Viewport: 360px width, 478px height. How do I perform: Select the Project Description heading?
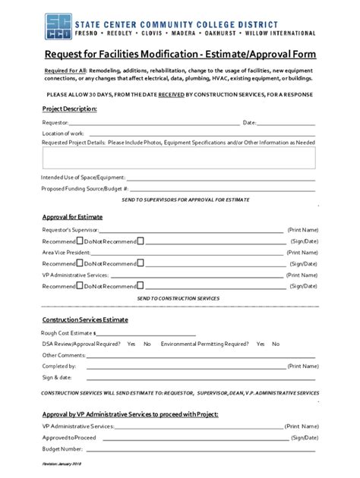68,109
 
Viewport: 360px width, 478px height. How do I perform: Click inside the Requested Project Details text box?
179,158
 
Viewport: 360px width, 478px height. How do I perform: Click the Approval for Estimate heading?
72,217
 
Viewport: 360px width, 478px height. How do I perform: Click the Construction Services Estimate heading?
84,320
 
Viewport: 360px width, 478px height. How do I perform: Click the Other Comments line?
197,354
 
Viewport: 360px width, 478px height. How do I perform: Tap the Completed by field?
182,366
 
